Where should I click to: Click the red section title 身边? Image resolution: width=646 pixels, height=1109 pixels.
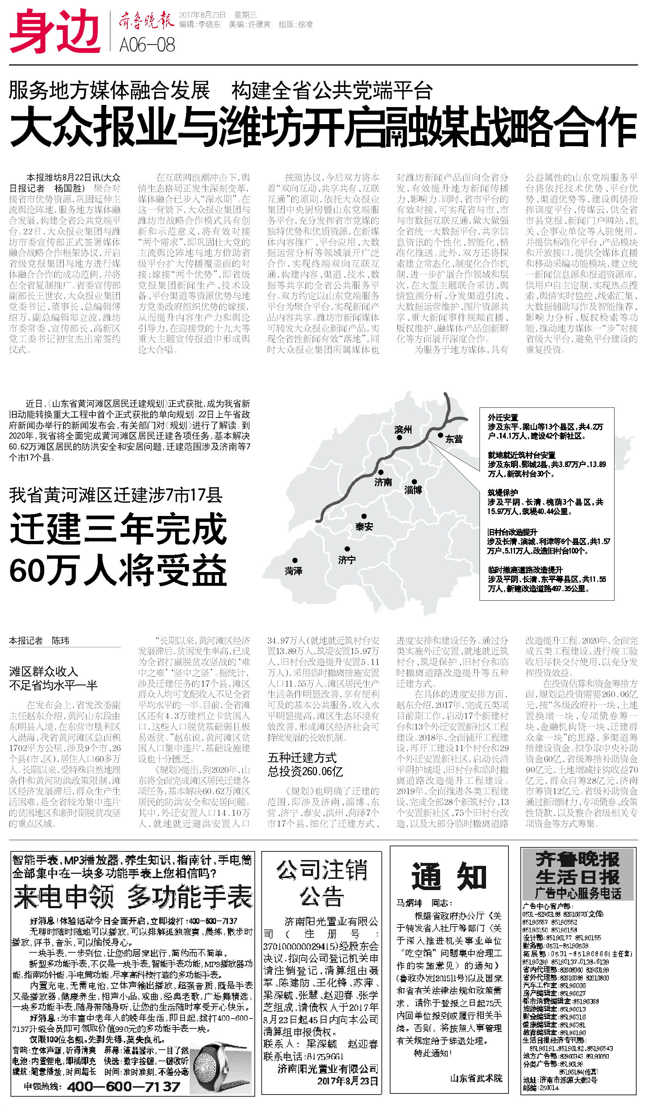[55, 31]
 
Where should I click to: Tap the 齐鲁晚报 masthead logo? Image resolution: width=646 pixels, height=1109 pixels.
[147, 20]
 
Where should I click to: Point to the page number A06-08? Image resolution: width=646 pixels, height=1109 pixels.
[147, 45]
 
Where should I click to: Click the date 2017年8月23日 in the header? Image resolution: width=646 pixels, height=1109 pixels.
[202, 15]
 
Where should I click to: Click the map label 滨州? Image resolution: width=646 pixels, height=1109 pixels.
[403, 429]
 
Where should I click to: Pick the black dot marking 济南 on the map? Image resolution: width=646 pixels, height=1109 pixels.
[381, 472]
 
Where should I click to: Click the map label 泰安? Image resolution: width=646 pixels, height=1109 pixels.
[364, 526]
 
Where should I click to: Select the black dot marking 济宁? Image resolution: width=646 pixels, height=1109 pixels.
[347, 549]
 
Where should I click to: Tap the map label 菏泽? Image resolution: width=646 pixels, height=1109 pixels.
[294, 571]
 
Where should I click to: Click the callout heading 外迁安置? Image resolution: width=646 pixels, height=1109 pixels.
[503, 417]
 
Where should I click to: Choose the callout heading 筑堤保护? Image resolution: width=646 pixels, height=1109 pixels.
[503, 492]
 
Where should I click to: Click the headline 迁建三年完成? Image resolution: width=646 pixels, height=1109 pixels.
[118, 529]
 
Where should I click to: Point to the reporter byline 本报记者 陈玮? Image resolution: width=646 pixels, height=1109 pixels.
[39, 640]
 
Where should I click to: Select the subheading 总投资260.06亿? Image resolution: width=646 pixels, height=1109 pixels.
[305, 771]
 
